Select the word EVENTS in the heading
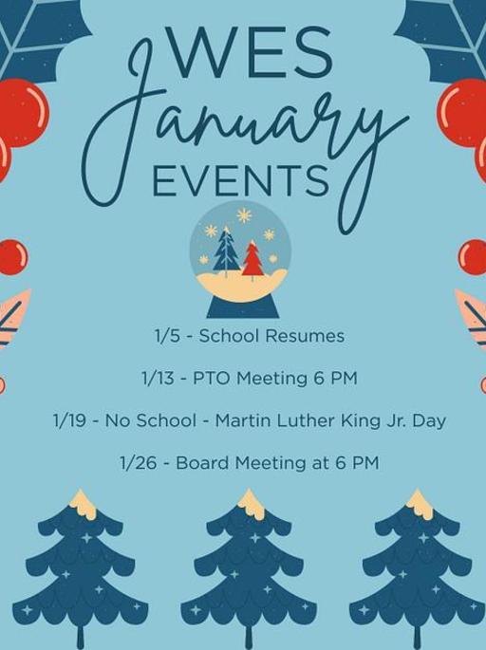point(241,180)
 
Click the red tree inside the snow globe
point(252,259)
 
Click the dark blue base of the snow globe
point(243,306)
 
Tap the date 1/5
point(168,336)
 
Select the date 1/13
point(158,378)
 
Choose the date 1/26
point(139,463)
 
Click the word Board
point(198,463)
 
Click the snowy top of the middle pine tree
point(251,503)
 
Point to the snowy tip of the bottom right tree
point(419,503)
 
